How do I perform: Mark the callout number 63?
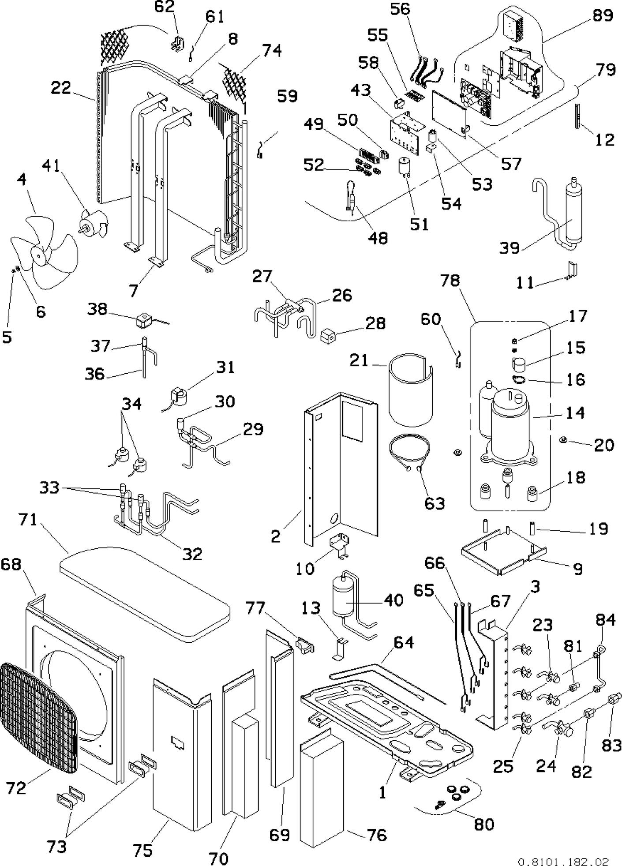pyautogui.click(x=435, y=503)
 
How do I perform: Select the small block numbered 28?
pyautogui.click(x=327, y=338)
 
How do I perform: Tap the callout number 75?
pyautogui.click(x=142, y=849)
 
